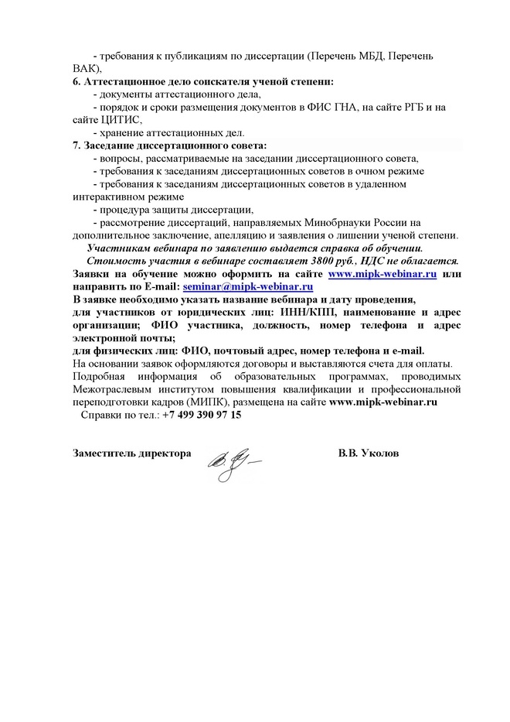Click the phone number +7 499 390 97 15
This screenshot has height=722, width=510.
(x=202, y=415)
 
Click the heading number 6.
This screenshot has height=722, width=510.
(x=75, y=81)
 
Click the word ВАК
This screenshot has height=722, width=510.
(x=85, y=68)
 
